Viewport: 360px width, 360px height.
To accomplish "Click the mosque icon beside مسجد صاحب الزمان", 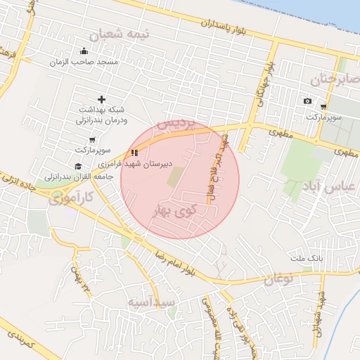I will point(84,51).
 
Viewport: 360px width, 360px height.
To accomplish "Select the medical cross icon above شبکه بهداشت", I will point(102,99).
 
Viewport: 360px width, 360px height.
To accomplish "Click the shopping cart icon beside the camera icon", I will point(323,106).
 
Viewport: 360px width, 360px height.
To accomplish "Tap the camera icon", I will point(307,101).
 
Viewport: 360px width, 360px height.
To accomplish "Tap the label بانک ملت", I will point(307,259).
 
